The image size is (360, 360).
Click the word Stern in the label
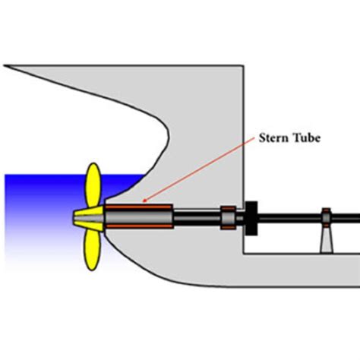[x=273, y=138]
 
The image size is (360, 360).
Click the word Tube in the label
[x=307, y=138]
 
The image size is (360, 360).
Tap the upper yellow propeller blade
[x=93, y=185]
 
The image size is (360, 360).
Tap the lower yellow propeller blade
[x=93, y=250]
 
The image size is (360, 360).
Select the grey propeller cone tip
[x=89, y=218]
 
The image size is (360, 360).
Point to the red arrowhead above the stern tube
[x=145, y=201]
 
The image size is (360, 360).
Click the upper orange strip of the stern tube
[x=139, y=207]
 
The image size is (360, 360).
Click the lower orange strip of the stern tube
[x=139, y=226]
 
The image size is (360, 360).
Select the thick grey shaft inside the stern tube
[x=139, y=216]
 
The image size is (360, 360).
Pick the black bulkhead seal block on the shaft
[x=251, y=218]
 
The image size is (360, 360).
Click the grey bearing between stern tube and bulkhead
[x=229, y=218]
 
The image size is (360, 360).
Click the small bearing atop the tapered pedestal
[x=326, y=218]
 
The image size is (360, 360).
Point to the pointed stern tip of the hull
[x=5, y=66]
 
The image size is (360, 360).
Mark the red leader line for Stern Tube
[x=199, y=169]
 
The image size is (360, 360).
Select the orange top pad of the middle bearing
[x=229, y=208]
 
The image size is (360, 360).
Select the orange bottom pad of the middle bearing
[x=229, y=228]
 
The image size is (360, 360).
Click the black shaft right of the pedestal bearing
[x=346, y=218]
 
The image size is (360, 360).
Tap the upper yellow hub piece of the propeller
[x=90, y=210]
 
